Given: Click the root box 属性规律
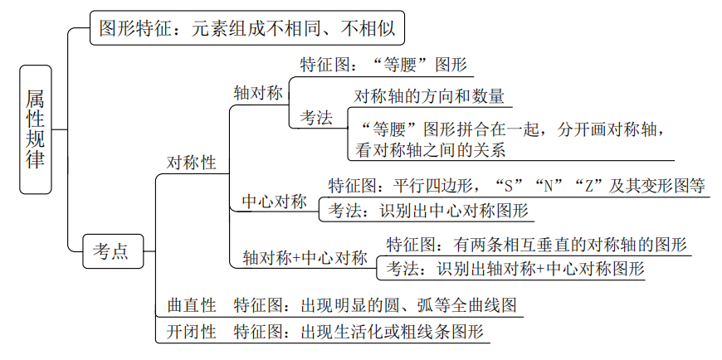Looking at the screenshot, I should click(35, 129).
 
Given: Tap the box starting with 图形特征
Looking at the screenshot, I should click(246, 31).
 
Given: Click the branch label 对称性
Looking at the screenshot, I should click(191, 163).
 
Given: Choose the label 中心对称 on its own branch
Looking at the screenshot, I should click(274, 202).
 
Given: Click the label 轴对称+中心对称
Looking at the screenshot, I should click(305, 257).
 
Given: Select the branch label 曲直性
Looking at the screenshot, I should click(191, 305).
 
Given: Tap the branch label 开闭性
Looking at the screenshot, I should click(191, 332).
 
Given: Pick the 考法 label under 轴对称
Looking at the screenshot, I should click(316, 118).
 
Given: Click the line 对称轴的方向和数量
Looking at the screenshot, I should click(429, 96).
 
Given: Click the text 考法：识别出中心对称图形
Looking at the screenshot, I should click(428, 211).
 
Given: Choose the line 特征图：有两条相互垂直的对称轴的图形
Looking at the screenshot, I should click(536, 245).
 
